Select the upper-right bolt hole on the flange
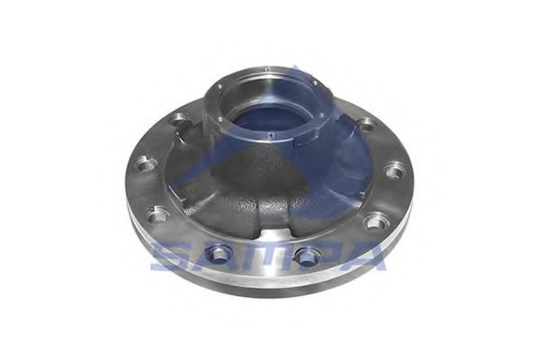coord(366,123)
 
